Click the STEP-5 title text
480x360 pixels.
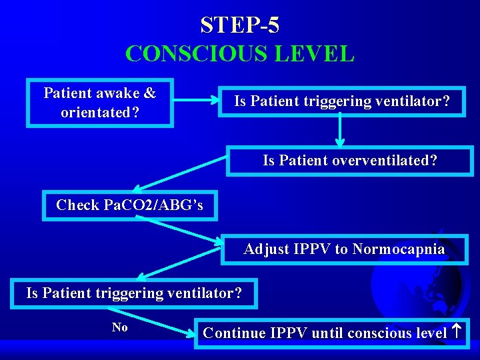(239, 25)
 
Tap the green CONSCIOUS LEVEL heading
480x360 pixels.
(239, 53)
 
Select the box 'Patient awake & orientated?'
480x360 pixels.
(99, 103)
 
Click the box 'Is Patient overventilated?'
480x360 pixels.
(349, 161)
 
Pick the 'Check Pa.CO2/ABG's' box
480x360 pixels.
(131, 205)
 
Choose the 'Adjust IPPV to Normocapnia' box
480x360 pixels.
(344, 249)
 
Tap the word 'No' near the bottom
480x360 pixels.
(120, 327)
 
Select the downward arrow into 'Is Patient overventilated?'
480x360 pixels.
(340, 131)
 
